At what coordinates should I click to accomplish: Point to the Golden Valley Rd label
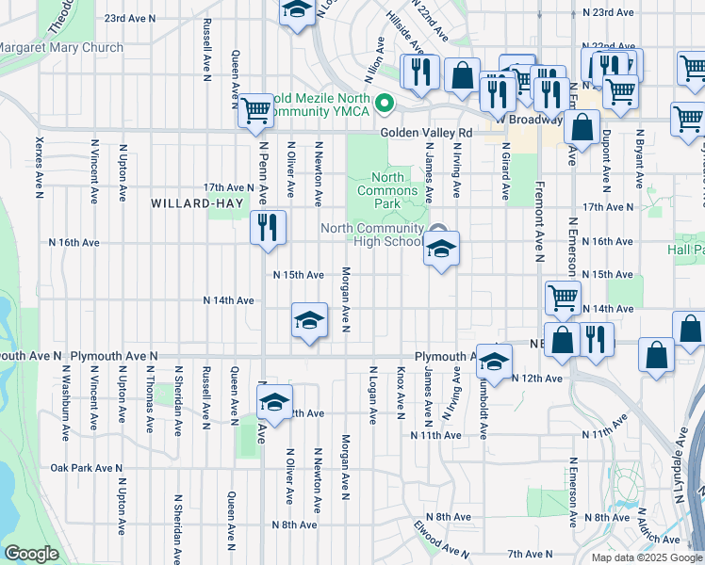(x=426, y=133)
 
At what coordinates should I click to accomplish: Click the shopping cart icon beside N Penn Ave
(x=255, y=110)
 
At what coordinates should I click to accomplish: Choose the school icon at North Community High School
(x=439, y=249)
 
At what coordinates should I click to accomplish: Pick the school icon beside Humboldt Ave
(x=493, y=361)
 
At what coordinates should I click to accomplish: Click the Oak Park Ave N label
(x=87, y=468)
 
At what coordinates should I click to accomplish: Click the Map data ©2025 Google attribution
(x=647, y=557)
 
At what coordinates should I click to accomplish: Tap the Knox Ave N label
(x=401, y=393)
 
